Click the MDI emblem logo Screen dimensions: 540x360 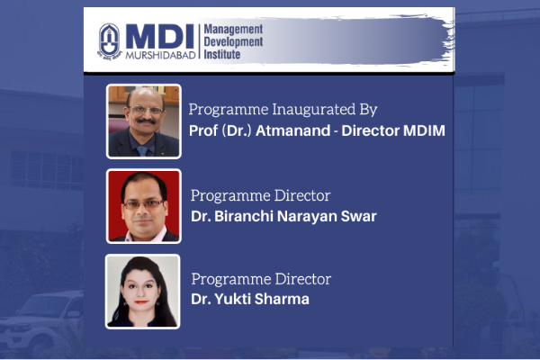110,41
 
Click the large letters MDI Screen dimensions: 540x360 160,37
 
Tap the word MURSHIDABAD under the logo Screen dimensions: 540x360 160,55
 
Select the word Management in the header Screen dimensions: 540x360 233,30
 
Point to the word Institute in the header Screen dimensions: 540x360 221,54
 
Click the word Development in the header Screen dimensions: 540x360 233,42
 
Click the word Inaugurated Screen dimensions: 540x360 314,110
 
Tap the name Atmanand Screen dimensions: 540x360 292,130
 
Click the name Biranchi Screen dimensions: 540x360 244,216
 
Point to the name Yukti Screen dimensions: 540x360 232,299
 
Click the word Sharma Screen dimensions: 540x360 282,299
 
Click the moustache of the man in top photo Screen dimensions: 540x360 146,121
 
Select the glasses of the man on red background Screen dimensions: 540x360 144,204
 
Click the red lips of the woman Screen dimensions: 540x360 141,302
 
